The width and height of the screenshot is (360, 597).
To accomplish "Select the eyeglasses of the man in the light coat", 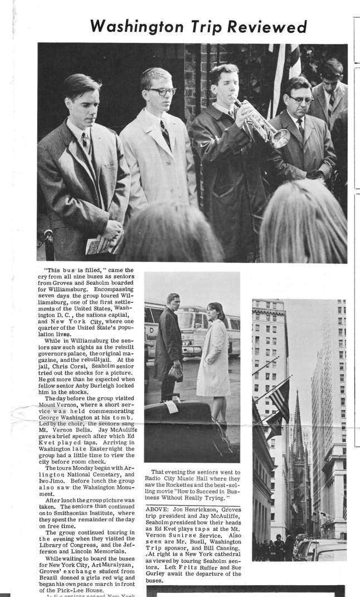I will coord(161,91).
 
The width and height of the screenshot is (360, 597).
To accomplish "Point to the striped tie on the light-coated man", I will coord(166,134).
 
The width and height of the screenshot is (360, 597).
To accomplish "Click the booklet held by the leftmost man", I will coord(94,245).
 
